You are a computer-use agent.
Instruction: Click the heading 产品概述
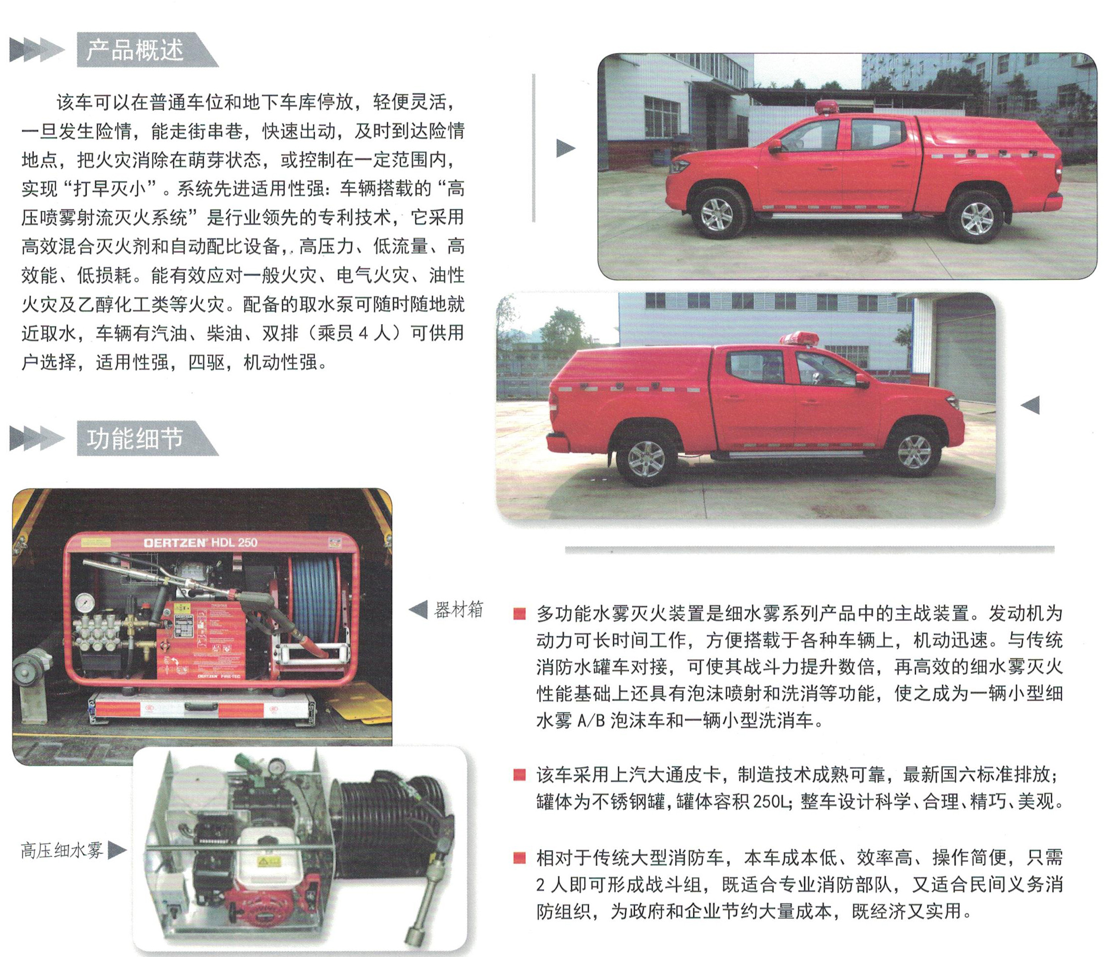pos(135,49)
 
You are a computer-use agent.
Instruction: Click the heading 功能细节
pos(135,438)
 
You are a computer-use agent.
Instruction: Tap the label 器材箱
pos(459,609)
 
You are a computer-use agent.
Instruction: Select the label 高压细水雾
pos(62,850)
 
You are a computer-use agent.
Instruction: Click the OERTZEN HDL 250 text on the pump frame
pos(200,543)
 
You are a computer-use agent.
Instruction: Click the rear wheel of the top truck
pos(976,217)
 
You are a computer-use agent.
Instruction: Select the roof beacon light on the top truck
pos(826,106)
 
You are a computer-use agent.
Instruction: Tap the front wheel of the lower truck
pos(914,452)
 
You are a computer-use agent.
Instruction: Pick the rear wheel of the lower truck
pos(646,459)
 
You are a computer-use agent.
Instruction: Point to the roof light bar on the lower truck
pos(799,338)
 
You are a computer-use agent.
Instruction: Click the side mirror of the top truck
pos(775,145)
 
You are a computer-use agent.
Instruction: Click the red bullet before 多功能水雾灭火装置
pos(519,614)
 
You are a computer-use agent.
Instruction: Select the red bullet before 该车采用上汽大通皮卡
pos(519,774)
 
